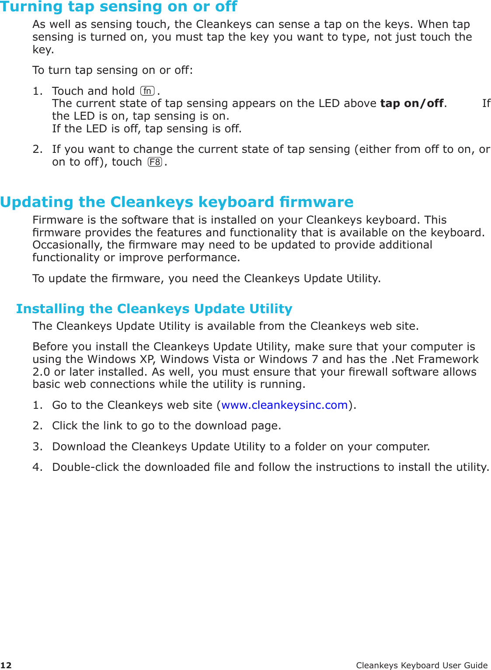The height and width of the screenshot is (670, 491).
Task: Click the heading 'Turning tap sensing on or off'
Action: pos(118,7)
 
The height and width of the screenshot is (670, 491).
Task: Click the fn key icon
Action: pos(147,91)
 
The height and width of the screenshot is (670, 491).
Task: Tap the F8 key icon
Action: pos(155,162)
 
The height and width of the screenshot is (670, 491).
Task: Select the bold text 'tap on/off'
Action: pos(412,104)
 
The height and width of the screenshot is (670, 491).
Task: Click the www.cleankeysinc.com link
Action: pos(284,405)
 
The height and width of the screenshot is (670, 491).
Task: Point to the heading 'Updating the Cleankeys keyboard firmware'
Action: pos(177,202)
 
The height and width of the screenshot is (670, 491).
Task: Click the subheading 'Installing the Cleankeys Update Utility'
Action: pos(154,309)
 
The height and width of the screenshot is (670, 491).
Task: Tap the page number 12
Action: pos(6,665)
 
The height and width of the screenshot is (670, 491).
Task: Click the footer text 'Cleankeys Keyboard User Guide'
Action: pos(421,665)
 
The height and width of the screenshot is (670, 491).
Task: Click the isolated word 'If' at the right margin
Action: pos(486,104)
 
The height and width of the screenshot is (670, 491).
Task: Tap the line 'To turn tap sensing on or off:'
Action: pos(112,70)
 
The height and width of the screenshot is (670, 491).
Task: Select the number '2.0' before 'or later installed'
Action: pos(42,372)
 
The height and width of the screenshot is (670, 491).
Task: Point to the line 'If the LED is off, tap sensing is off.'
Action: pos(146,129)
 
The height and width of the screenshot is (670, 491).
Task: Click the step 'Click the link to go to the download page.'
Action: pos(166,426)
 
